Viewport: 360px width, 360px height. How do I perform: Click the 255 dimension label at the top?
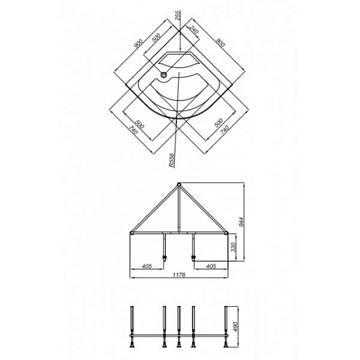[178, 15]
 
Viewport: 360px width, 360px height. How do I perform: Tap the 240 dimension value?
[194, 29]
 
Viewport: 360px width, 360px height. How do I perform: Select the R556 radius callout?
[171, 160]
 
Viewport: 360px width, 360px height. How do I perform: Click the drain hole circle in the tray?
[164, 75]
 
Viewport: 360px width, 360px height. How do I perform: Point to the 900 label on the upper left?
[138, 44]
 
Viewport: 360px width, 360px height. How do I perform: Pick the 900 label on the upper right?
[220, 42]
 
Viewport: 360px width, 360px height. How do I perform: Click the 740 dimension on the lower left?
[134, 130]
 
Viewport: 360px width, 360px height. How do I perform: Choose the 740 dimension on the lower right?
[224, 129]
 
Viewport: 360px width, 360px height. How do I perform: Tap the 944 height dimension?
[241, 222]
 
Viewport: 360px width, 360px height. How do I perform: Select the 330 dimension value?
[233, 247]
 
